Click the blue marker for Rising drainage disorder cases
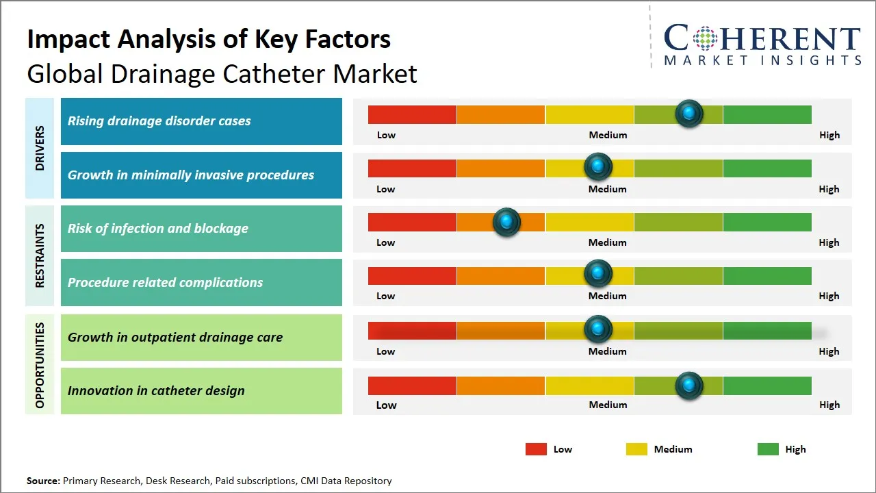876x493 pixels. [688, 113]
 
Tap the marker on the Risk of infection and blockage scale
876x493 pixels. [506, 222]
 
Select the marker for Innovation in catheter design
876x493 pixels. [688, 385]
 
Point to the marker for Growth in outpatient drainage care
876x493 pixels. [598, 329]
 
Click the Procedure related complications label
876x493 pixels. [165, 282]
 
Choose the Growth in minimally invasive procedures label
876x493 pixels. [190, 175]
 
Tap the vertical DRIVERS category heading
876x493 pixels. [40, 148]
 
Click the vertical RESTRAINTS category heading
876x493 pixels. [40, 255]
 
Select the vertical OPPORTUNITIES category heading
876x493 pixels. [40, 365]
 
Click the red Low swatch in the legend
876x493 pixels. [536, 449]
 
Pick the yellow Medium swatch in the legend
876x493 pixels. [636, 449]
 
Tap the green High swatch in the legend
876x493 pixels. [768, 449]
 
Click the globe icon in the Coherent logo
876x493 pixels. [704, 38]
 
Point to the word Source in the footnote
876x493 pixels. [42, 481]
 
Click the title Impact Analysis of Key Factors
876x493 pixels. [209, 39]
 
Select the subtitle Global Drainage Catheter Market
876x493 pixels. [222, 73]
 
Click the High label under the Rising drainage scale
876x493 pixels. [829, 135]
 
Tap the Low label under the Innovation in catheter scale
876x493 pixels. [386, 405]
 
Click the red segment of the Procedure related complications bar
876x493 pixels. [412, 276]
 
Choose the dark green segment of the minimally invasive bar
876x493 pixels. [766, 168]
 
